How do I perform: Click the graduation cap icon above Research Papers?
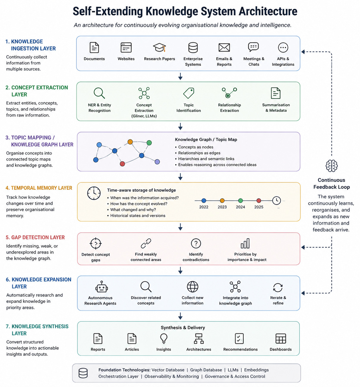point(159,47)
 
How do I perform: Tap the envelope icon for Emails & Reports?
point(224,48)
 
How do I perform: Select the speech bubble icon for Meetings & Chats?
point(253,47)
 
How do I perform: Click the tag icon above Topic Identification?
point(189,93)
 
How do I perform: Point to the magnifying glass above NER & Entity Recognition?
point(99,93)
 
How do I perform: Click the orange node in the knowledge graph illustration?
point(130,142)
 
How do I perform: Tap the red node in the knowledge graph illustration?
point(122,164)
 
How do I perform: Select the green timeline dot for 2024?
point(240,201)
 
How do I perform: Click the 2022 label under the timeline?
point(204,207)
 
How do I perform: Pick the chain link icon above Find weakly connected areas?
point(146,244)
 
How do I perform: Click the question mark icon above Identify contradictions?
point(196,244)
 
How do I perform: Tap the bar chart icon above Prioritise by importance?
point(245,244)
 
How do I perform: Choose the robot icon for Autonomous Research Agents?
point(101,287)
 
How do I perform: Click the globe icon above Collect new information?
point(192,287)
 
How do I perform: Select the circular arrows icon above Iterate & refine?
point(278,288)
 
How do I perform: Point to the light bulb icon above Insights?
point(164,338)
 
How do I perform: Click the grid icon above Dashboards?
point(281,338)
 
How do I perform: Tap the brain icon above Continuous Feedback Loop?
point(331,166)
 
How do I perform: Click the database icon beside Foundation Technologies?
point(83,373)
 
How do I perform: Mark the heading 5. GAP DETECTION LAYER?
point(35,237)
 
